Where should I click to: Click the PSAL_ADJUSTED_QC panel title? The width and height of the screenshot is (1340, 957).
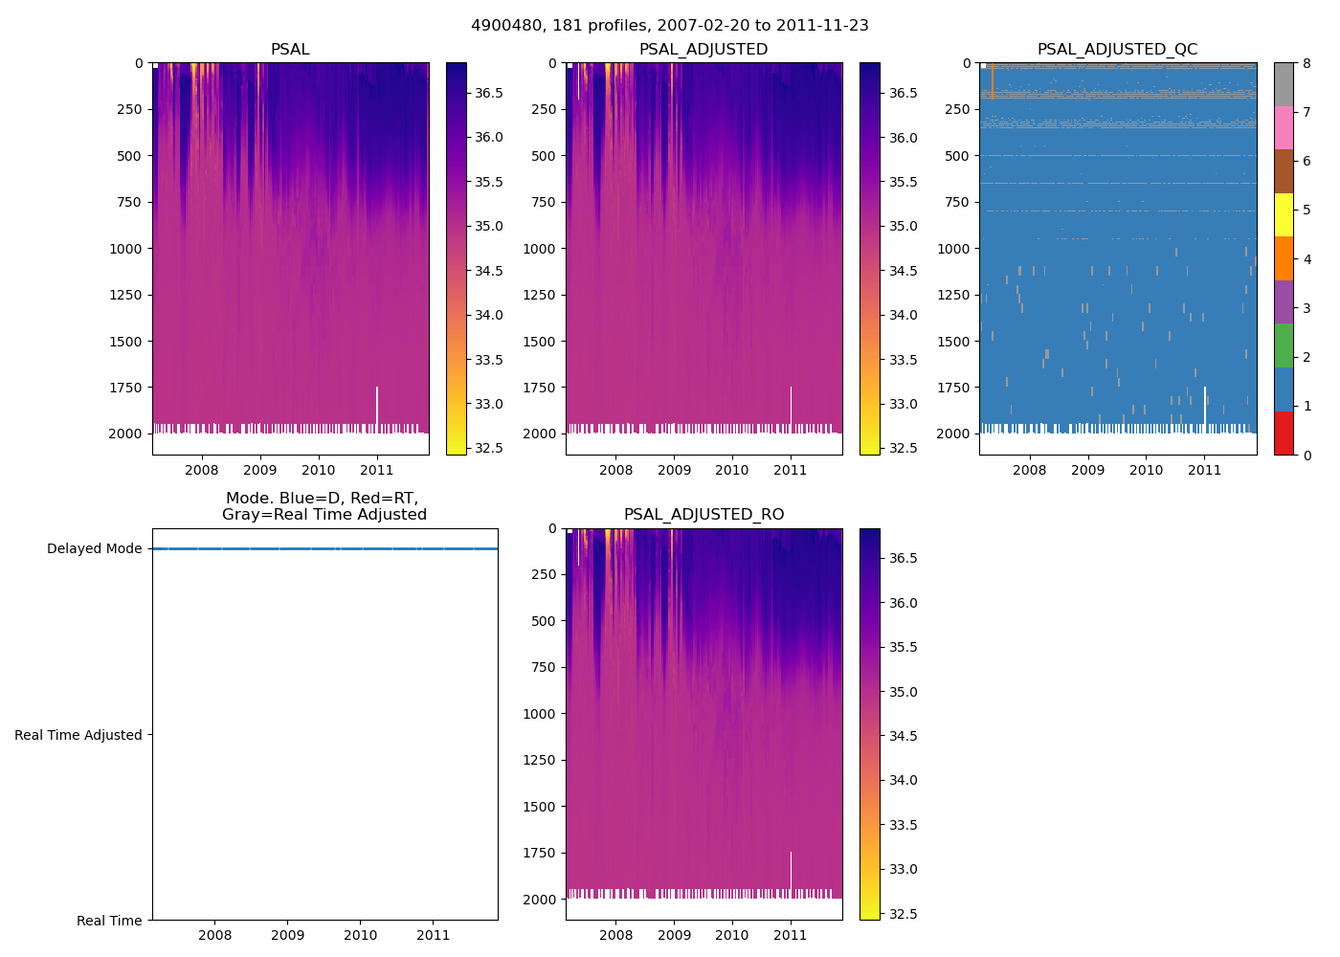tap(1117, 50)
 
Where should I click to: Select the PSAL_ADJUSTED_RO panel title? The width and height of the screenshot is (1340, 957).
tap(703, 515)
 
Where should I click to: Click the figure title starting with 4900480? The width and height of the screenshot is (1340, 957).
tap(670, 26)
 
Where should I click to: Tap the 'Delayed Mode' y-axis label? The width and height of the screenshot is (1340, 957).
tap(94, 549)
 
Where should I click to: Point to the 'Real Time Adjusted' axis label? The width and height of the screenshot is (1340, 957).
tap(78, 735)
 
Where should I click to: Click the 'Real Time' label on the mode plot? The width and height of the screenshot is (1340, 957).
tap(109, 921)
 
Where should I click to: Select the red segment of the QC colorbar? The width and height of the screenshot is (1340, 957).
tap(1284, 434)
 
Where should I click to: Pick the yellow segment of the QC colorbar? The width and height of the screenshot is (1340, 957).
tap(1284, 215)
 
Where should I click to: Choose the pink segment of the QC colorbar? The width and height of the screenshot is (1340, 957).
tap(1284, 128)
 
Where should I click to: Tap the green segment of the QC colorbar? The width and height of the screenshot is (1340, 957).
tap(1284, 345)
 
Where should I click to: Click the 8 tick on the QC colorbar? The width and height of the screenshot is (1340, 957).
tap(1306, 64)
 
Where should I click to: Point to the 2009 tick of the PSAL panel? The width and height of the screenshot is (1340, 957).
tap(260, 470)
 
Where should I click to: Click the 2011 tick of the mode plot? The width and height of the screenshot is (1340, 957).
tap(434, 935)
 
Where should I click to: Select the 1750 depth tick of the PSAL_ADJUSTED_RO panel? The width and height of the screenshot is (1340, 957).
tap(544, 853)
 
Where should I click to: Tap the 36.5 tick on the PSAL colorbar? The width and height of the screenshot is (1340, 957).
tap(489, 93)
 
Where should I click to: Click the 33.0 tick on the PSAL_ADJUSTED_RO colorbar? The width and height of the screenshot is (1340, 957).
tap(903, 869)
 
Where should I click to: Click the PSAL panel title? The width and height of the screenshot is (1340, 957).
tap(290, 50)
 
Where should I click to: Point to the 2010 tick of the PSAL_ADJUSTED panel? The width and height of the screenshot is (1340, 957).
tap(732, 470)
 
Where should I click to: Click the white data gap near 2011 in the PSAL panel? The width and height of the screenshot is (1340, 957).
tap(377, 407)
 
